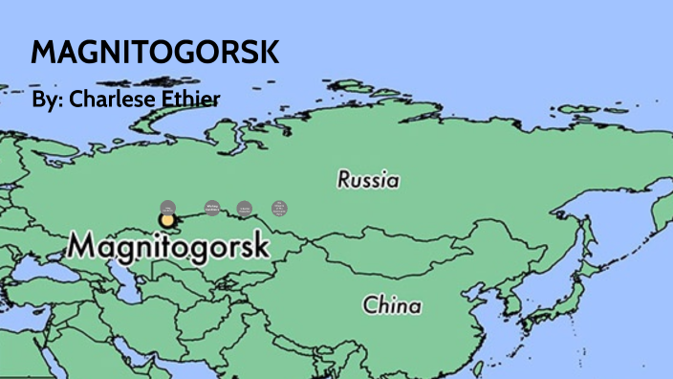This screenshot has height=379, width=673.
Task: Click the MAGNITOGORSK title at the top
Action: click(x=155, y=52)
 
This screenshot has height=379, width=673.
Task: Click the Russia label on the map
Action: click(x=368, y=179)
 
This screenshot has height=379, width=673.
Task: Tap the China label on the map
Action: click(x=392, y=306)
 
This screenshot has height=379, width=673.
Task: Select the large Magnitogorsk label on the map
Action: click(x=168, y=246)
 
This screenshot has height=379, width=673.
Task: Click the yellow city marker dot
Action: click(x=168, y=220)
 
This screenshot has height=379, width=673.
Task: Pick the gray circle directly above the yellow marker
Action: click(x=168, y=207)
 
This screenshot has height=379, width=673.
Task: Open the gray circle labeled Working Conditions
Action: click(x=212, y=207)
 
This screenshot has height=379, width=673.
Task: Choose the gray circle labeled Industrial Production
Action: click(x=245, y=208)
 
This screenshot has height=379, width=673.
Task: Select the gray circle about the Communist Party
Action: click(x=278, y=207)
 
